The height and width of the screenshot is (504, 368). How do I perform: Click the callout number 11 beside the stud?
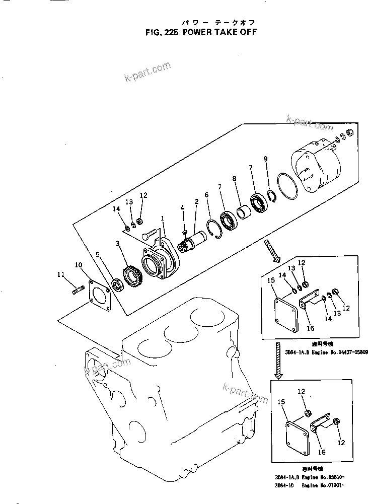click(61, 274)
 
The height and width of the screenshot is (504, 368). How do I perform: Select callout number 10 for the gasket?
click(79, 264)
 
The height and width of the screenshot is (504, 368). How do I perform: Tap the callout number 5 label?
click(98, 254)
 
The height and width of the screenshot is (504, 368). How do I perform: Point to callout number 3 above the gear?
click(117, 244)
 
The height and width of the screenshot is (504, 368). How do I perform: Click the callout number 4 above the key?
click(183, 207)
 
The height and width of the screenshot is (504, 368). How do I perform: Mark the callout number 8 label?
click(234, 178)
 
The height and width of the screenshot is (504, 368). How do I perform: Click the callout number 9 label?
click(265, 159)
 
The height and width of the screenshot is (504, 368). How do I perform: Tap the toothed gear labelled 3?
click(132, 274)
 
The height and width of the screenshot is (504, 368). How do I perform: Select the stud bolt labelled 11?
click(78, 291)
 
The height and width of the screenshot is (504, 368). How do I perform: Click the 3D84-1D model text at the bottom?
click(285, 485)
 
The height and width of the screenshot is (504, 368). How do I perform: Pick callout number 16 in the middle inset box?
click(311, 328)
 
